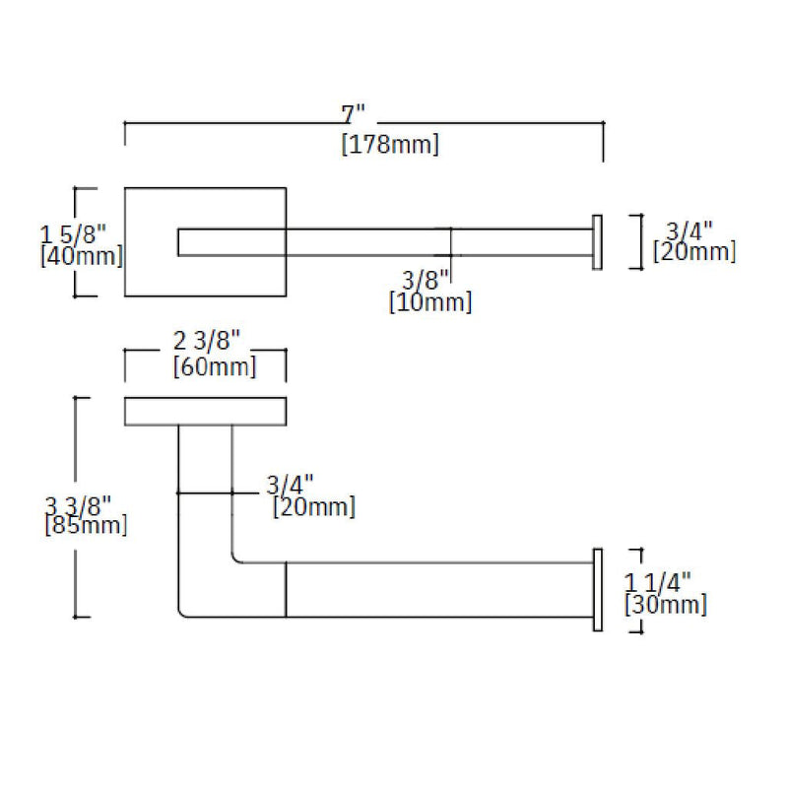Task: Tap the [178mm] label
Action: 390,145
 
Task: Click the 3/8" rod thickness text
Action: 427,279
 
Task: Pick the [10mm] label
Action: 430,301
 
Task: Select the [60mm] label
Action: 214,367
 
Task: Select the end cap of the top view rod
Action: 596,240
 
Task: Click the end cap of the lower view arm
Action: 596,589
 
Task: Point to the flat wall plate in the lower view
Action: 205,411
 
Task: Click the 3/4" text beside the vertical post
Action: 291,485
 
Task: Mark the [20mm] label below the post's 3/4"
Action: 313,507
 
